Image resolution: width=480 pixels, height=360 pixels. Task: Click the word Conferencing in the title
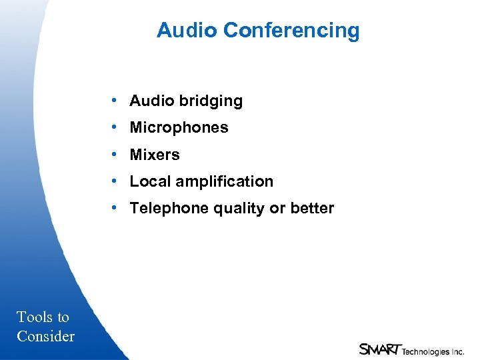pos(291,31)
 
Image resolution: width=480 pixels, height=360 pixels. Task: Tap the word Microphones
pos(179,128)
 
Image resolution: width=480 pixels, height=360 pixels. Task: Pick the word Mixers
pos(155,155)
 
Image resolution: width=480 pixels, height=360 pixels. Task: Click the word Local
pos(148,181)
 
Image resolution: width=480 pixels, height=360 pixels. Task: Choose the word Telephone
pos(169,209)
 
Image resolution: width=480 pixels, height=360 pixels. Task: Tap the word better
pos(312,209)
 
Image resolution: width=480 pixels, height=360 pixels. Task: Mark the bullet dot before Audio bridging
pos(115,101)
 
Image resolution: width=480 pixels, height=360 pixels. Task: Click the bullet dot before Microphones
pos(115,127)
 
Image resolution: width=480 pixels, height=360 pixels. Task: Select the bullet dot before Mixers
pos(115,154)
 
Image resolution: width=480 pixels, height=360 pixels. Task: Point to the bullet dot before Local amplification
pos(115,181)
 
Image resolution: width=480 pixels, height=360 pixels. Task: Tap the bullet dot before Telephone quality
pos(115,208)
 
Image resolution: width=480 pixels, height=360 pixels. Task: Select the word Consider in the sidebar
pos(45,337)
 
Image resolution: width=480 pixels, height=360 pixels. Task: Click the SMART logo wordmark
pos(380,349)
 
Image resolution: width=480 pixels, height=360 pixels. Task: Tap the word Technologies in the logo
pos(425,351)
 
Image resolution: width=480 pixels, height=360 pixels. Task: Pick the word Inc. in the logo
pos(457,351)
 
